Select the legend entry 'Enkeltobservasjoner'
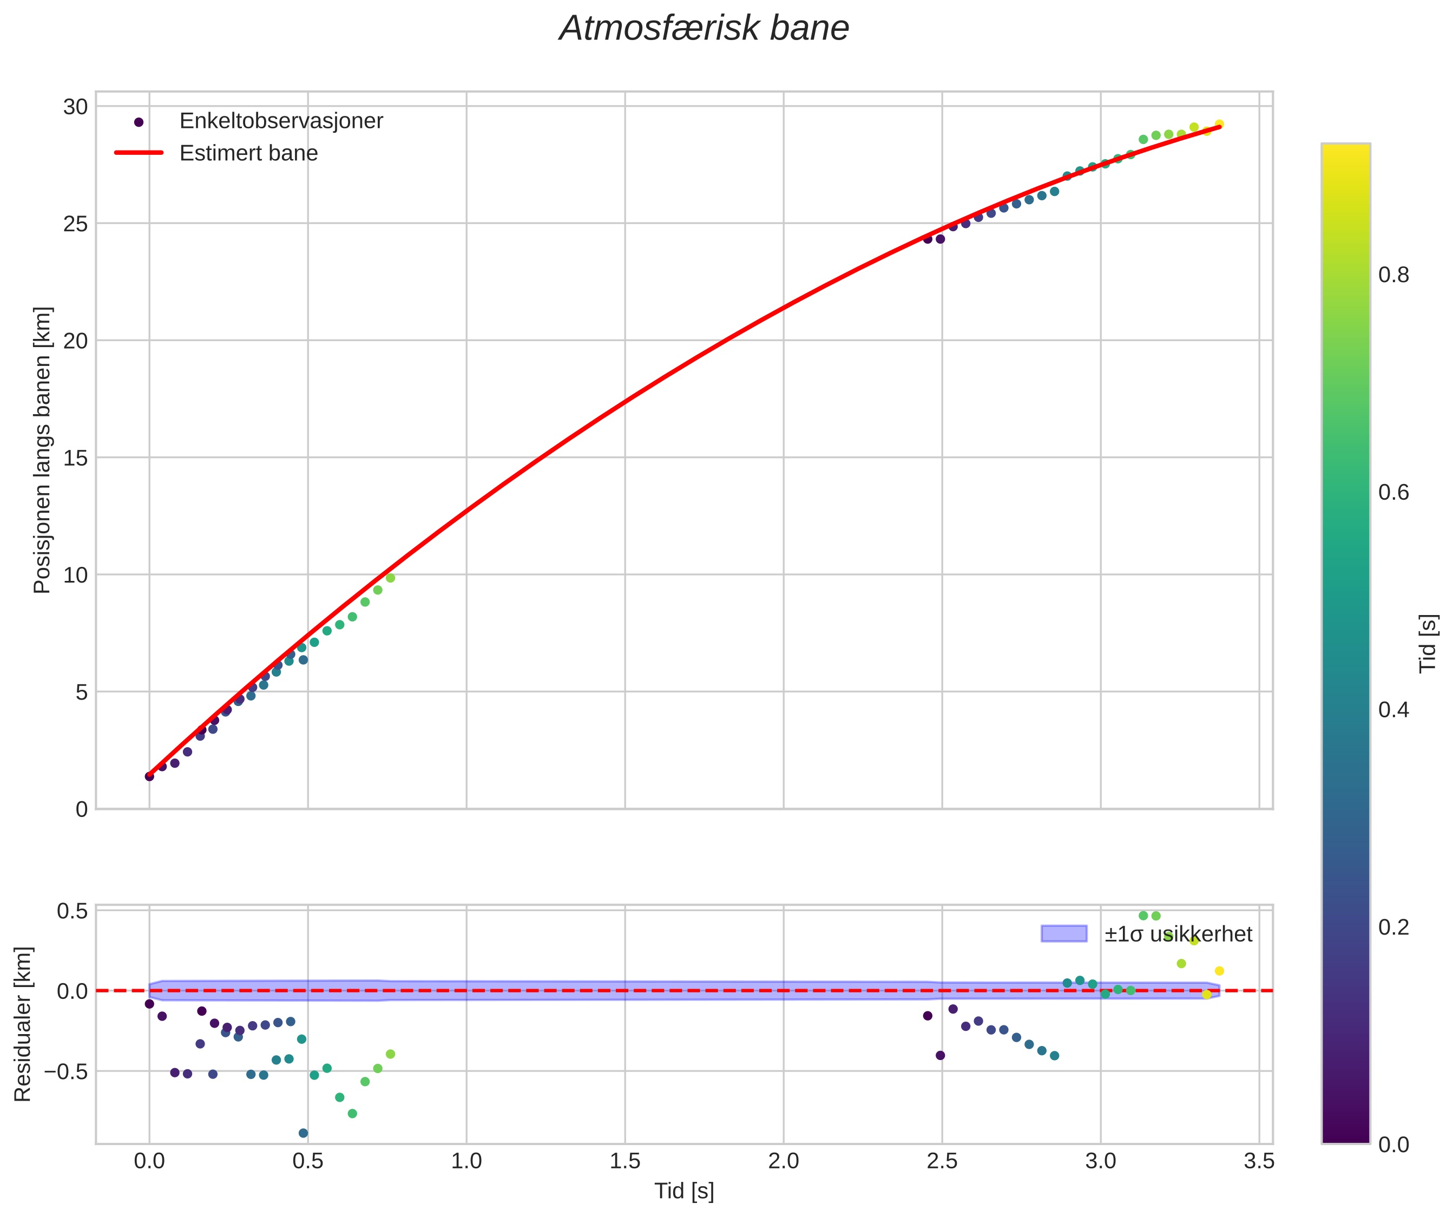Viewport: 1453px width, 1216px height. pos(280,121)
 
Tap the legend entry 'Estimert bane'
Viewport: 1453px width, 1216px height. pos(248,153)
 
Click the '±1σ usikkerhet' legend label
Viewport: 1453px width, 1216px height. pos(1178,935)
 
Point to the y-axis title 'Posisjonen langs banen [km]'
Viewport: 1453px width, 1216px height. pos(42,450)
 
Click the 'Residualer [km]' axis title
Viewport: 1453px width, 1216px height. pos(23,1024)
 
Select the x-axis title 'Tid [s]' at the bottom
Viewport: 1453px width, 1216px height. pos(683,1191)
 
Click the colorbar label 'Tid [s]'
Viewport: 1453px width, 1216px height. pos(1428,644)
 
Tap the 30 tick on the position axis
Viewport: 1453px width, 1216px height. pos(75,107)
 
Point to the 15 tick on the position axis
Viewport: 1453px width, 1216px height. pos(75,457)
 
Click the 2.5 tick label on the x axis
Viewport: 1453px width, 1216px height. pos(942,1161)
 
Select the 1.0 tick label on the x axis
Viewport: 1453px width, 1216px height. pos(466,1161)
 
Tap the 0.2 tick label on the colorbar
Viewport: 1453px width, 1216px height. pos(1393,927)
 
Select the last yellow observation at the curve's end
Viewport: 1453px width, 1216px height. pos(1219,125)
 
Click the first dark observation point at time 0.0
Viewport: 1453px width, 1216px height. pos(149,776)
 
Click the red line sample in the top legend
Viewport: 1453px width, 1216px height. pos(139,153)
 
